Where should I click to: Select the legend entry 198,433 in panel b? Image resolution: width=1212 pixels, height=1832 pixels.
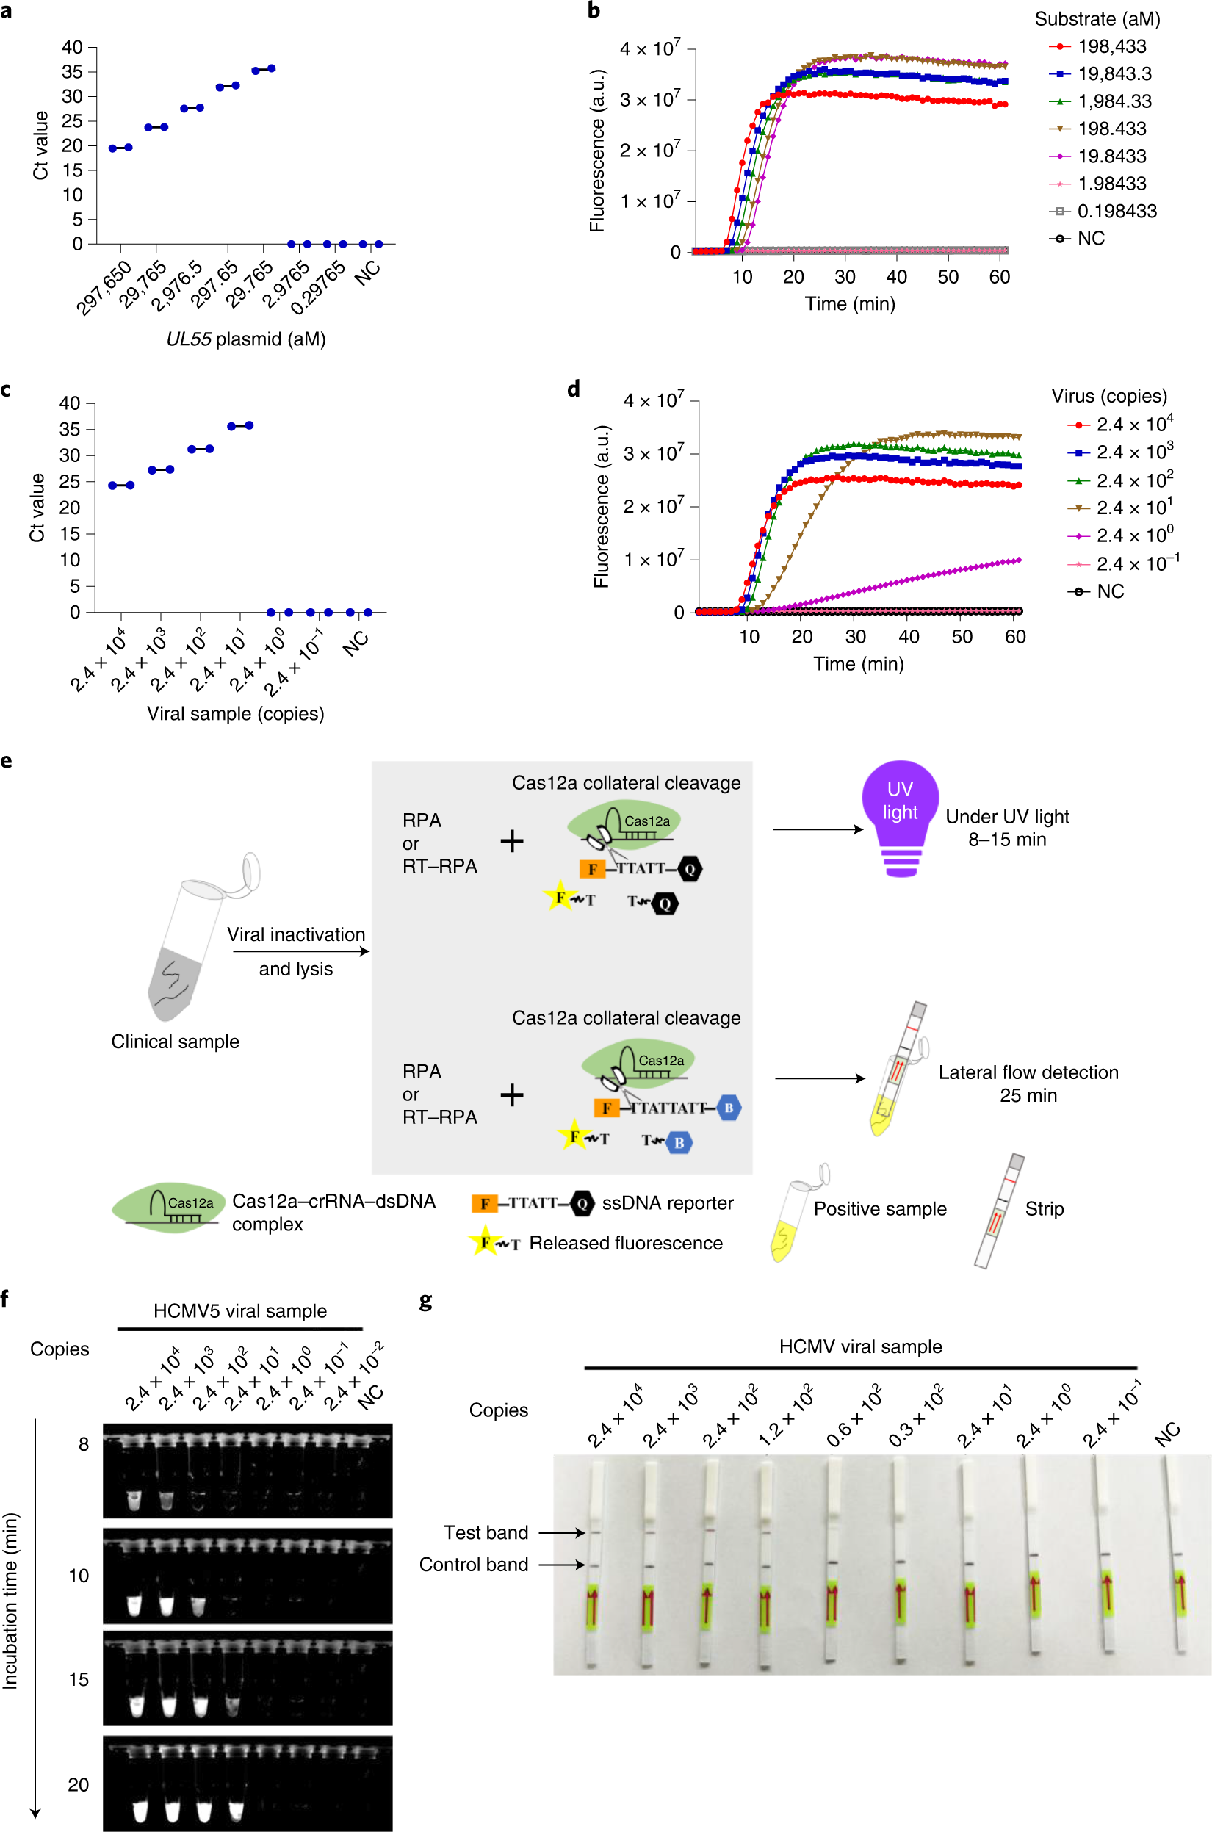1111,46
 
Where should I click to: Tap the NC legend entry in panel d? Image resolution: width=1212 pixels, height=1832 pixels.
1110,591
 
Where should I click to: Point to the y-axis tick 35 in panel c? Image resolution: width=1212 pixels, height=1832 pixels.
70,429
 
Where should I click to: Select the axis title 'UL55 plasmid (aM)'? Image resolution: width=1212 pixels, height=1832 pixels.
246,339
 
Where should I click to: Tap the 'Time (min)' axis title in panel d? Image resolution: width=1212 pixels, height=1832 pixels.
858,663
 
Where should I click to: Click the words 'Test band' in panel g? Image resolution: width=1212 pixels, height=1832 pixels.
486,1532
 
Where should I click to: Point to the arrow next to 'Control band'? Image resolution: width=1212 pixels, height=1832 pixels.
561,1565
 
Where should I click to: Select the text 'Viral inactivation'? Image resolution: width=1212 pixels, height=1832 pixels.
296,934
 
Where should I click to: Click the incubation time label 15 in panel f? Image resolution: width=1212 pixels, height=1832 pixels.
79,1680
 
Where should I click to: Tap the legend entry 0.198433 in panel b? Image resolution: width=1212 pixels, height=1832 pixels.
1117,211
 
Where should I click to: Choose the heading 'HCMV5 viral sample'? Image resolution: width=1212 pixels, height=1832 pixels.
239,1311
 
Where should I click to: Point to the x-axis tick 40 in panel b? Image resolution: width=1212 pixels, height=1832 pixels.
896,277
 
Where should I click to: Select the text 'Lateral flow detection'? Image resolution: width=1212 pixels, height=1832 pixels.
1028,1072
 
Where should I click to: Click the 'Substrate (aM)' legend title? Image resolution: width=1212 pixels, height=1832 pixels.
1097,19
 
